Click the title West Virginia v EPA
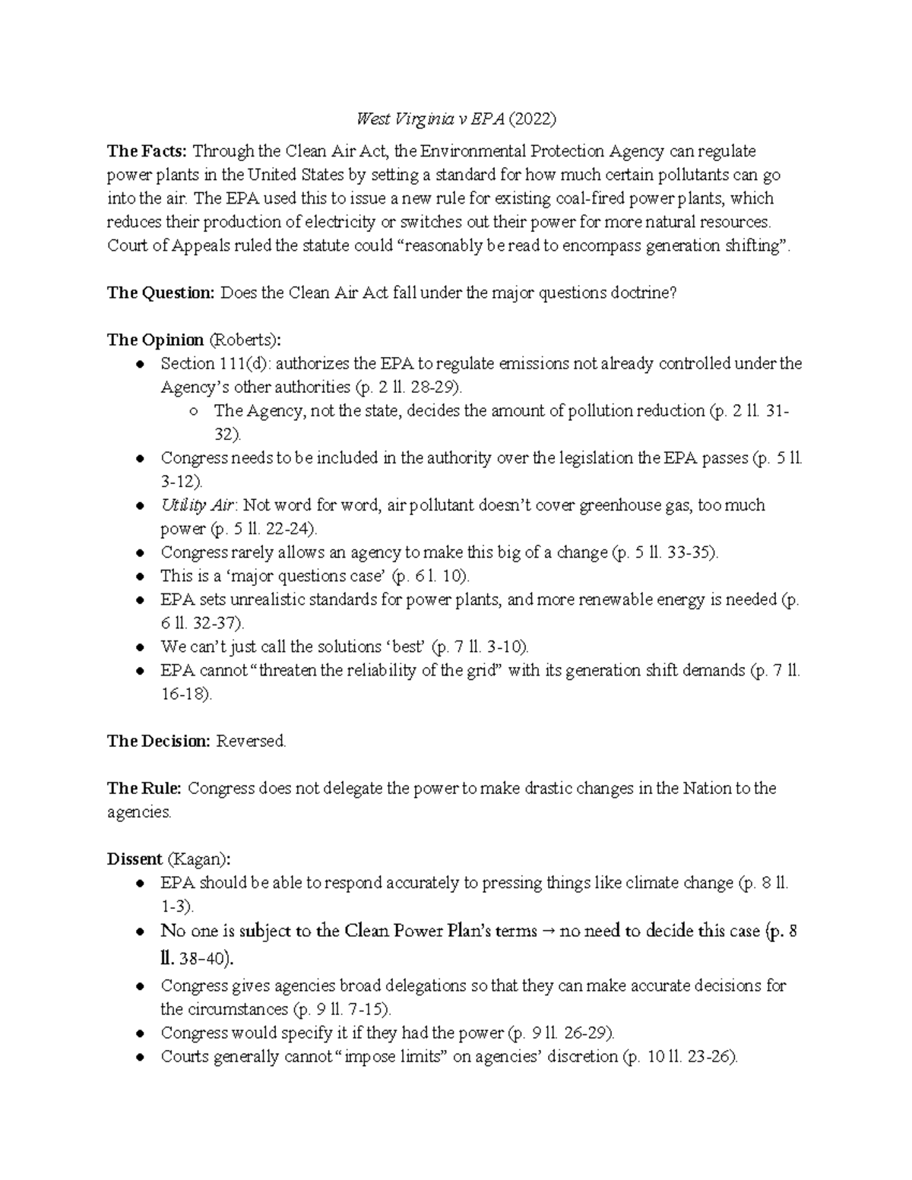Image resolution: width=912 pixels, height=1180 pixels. (430, 119)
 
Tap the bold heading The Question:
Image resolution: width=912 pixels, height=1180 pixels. (161, 293)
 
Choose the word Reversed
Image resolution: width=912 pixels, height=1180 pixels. (252, 741)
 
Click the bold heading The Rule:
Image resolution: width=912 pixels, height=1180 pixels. (144, 788)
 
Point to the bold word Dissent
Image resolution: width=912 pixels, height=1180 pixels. (135, 859)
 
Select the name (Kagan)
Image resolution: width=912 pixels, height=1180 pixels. (198, 859)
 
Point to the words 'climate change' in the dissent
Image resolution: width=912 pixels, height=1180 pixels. (679, 883)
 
